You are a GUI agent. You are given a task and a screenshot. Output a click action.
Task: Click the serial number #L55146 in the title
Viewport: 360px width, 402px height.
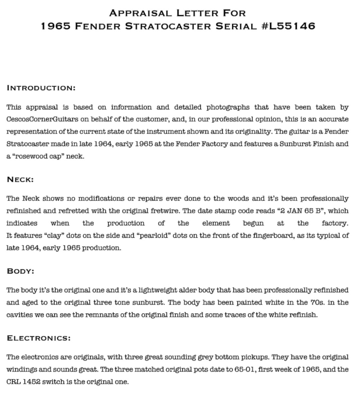pos(288,26)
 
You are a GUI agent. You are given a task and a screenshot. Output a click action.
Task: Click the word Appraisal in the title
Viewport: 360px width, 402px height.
pos(141,13)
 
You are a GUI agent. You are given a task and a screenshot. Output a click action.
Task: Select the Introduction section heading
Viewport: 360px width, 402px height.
pos(41,88)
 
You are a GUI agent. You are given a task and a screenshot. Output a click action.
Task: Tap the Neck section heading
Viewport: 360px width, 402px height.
pos(20,180)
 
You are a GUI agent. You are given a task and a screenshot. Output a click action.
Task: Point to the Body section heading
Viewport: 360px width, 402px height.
pos(20,271)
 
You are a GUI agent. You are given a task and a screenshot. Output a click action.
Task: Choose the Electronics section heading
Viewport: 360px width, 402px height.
pos(39,338)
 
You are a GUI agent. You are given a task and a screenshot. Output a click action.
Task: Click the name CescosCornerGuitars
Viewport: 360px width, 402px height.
pos(40,119)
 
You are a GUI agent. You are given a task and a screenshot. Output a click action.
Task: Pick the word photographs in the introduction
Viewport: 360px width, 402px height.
pos(228,107)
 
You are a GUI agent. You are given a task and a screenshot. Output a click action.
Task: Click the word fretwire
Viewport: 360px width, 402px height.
pos(165,211)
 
